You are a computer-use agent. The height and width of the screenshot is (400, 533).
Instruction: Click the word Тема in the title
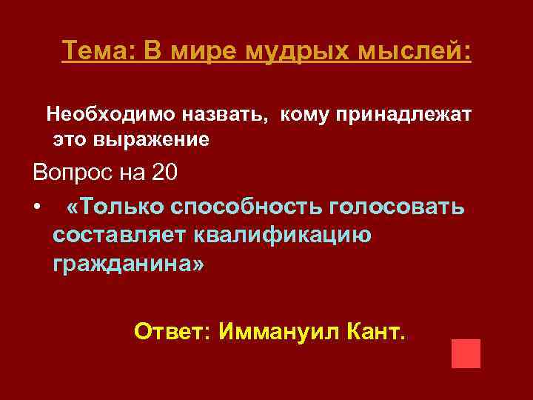tap(93, 51)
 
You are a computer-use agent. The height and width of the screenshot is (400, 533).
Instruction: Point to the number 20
tap(164, 173)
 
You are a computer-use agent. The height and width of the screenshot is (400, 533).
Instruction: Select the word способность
tap(245, 205)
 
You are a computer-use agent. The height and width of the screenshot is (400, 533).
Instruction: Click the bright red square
tap(466, 353)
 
